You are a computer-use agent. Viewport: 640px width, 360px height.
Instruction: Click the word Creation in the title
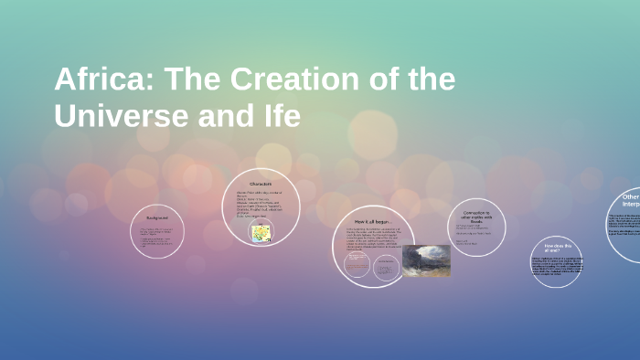pyautogui.click(x=294, y=80)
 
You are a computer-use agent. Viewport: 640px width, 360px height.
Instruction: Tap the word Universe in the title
pyautogui.click(x=118, y=118)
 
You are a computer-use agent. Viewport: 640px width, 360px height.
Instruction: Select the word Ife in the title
pyautogui.click(x=275, y=118)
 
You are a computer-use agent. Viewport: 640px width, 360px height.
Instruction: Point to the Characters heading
pyautogui.click(x=261, y=185)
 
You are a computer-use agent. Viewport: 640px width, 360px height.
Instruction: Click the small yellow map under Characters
pyautogui.click(x=261, y=233)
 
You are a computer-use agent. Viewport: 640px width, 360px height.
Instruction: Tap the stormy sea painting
pyautogui.click(x=426, y=260)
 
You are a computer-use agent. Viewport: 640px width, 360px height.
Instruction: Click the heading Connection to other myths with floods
pyautogui.click(x=475, y=218)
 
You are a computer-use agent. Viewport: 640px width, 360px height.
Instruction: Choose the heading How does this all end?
pyautogui.click(x=556, y=247)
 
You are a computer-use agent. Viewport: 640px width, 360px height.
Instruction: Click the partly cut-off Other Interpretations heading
pyautogui.click(x=629, y=201)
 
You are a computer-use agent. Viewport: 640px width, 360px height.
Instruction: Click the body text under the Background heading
pyautogui.click(x=156, y=238)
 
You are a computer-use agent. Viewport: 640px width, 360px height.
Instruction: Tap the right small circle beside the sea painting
pyautogui.click(x=388, y=265)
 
